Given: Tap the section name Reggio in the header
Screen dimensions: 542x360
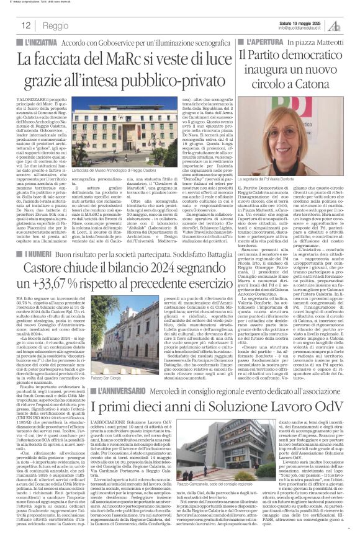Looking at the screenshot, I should coord(56,26).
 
